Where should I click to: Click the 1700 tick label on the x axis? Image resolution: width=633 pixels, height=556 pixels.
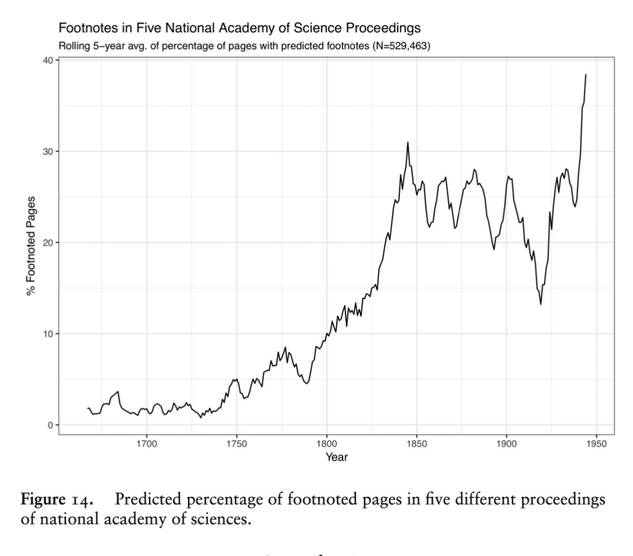click(147, 443)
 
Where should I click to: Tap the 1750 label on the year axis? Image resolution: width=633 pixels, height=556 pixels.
click(237, 443)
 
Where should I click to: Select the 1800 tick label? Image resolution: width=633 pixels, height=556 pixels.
click(326, 443)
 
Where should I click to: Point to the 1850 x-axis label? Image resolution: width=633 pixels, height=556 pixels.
click(417, 443)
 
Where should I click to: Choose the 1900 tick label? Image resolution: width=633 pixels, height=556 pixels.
click(506, 443)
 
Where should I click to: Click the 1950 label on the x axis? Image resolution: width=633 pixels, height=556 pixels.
click(596, 443)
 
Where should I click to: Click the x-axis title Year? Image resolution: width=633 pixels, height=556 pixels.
click(338, 458)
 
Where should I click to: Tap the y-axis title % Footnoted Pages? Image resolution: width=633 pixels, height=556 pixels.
click(31, 246)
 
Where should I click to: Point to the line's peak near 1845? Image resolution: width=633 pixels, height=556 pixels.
click(408, 142)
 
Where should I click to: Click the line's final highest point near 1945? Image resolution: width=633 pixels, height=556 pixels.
click(585, 75)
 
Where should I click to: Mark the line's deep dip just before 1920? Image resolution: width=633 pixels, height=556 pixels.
click(541, 304)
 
